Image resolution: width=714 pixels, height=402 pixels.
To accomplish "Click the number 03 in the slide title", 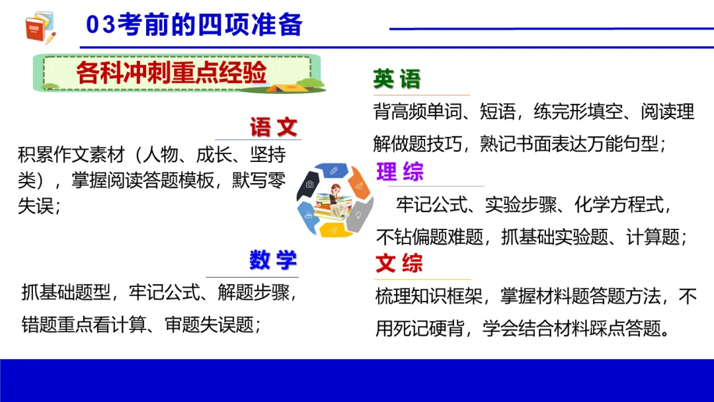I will point(101,25).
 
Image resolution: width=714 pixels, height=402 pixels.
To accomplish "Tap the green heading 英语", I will point(397,80).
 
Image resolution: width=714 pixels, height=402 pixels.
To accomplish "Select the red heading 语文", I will point(273,127).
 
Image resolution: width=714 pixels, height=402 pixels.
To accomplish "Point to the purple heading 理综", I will point(399,173).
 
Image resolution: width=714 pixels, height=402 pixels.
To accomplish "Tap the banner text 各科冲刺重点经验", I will point(171,73).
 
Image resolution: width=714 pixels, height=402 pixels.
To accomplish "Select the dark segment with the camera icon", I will point(310,184).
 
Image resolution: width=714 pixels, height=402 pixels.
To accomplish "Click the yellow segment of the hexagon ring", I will point(333,229).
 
